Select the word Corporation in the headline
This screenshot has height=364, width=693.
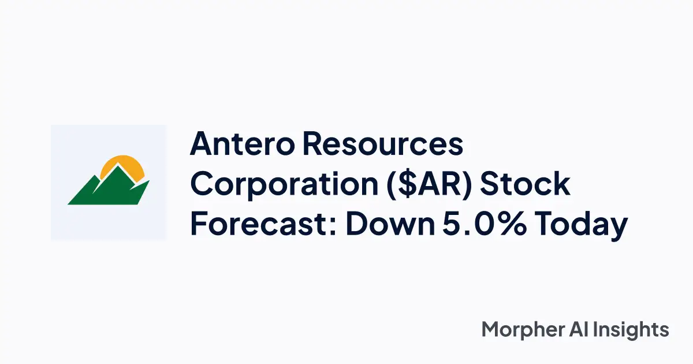[x=274, y=185]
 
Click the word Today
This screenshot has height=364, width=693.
[x=580, y=225]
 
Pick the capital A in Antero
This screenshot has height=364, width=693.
[x=203, y=144]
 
